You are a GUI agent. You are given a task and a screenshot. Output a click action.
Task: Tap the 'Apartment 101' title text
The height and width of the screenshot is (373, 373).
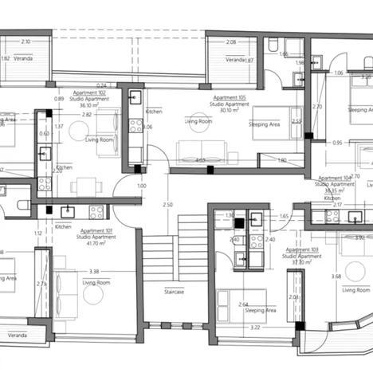click(x=96, y=229)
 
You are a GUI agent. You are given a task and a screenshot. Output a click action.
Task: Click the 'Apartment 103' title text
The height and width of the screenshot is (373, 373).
click(x=302, y=249)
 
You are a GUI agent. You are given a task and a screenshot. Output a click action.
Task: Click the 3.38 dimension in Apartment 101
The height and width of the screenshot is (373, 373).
click(x=94, y=272)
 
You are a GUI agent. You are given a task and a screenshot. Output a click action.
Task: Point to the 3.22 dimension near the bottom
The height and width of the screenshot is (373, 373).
click(x=255, y=327)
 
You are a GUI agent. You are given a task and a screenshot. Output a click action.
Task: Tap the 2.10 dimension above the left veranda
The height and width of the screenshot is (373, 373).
click(x=26, y=41)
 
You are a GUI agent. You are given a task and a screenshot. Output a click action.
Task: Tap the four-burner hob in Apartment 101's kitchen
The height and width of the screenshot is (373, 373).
click(x=96, y=212)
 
